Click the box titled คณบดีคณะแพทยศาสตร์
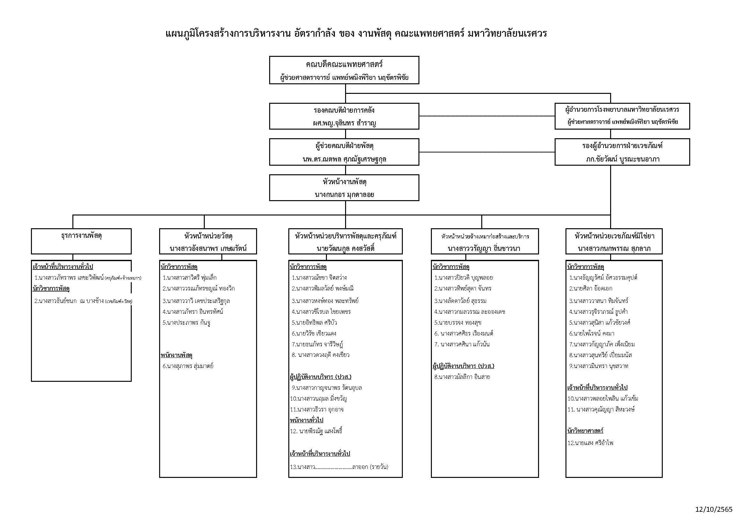tap(344, 70)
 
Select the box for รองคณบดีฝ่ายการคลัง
tap(344, 116)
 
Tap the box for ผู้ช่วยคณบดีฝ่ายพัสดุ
tap(344, 152)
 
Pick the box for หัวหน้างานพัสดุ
tap(344, 188)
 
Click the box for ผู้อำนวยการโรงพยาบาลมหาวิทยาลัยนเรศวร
tap(622, 116)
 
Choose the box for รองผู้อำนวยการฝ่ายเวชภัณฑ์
tap(622, 152)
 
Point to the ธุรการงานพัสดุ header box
tap(81, 241)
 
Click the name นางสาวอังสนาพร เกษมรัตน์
tap(208, 249)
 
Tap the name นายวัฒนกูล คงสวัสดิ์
tap(345, 249)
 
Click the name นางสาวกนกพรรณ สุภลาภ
tap(614, 249)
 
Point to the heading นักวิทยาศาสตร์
tap(585, 431)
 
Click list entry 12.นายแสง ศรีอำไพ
tap(590, 443)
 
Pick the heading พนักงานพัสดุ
tap(177, 355)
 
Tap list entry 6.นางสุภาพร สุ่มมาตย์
tap(188, 366)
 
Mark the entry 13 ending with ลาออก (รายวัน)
tap(339, 467)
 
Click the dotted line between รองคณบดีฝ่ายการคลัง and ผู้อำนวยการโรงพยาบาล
tap(487, 116)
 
